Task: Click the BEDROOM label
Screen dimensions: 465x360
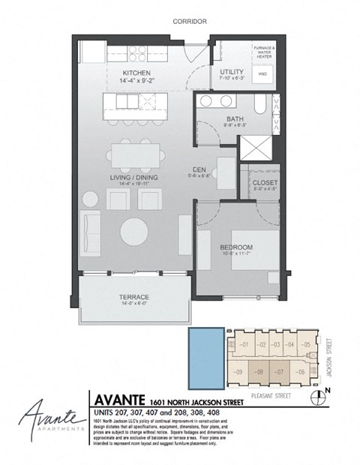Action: [x=236, y=247]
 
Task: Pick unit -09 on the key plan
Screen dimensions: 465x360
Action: [x=239, y=370]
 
